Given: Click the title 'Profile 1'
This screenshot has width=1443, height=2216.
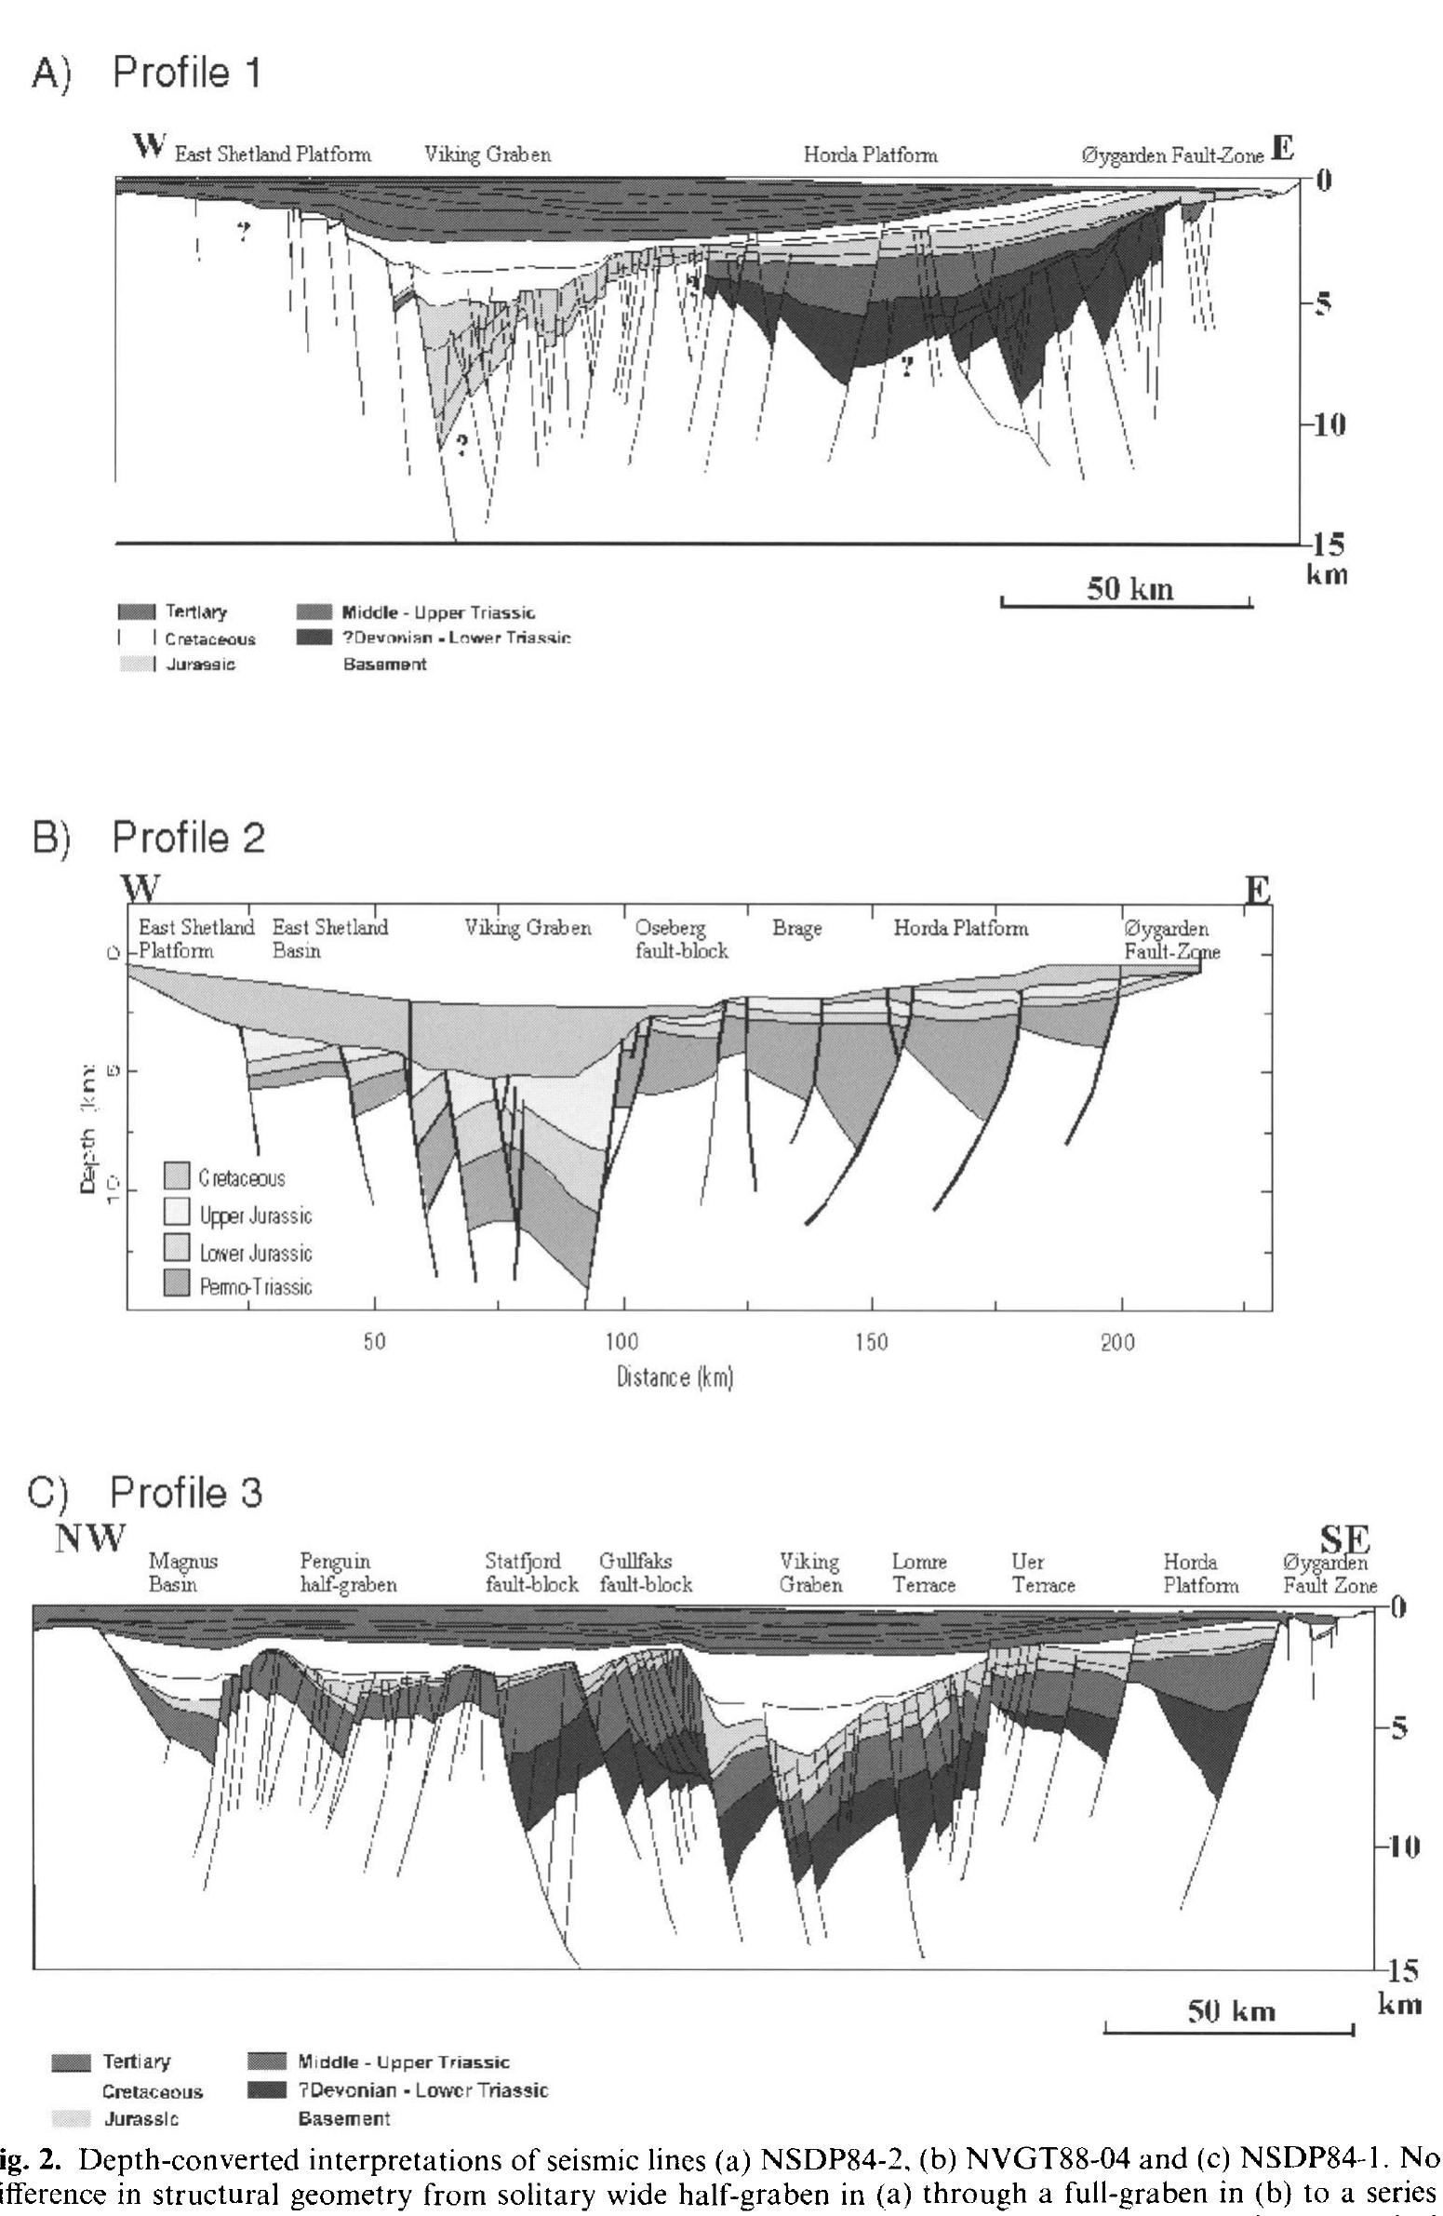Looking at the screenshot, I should (x=186, y=73).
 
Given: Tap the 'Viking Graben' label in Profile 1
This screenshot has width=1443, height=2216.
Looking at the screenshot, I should (x=487, y=154).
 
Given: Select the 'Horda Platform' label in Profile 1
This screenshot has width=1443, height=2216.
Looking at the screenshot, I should (x=870, y=154).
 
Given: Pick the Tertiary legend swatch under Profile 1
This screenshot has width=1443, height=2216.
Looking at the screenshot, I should (x=136, y=612).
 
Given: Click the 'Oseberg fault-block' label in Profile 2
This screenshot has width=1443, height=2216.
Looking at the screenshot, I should (x=680, y=938).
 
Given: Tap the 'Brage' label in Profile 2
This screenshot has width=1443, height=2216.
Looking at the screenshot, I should (x=796, y=928).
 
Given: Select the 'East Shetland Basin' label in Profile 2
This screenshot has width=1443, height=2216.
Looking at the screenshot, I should (x=329, y=938).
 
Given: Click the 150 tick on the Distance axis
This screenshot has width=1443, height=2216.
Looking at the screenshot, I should (x=871, y=1342).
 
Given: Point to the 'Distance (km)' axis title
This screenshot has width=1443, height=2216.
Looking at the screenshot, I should (x=675, y=1377).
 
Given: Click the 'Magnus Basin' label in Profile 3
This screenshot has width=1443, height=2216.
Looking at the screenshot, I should (x=182, y=1573).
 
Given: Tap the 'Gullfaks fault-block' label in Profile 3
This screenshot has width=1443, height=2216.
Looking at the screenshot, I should (x=645, y=1573).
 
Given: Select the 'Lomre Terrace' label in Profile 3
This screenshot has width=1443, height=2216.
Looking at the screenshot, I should (x=923, y=1573).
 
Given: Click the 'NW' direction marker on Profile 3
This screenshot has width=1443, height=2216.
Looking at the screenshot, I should (x=89, y=1538).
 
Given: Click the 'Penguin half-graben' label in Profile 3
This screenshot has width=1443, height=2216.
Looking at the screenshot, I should (x=347, y=1573).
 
